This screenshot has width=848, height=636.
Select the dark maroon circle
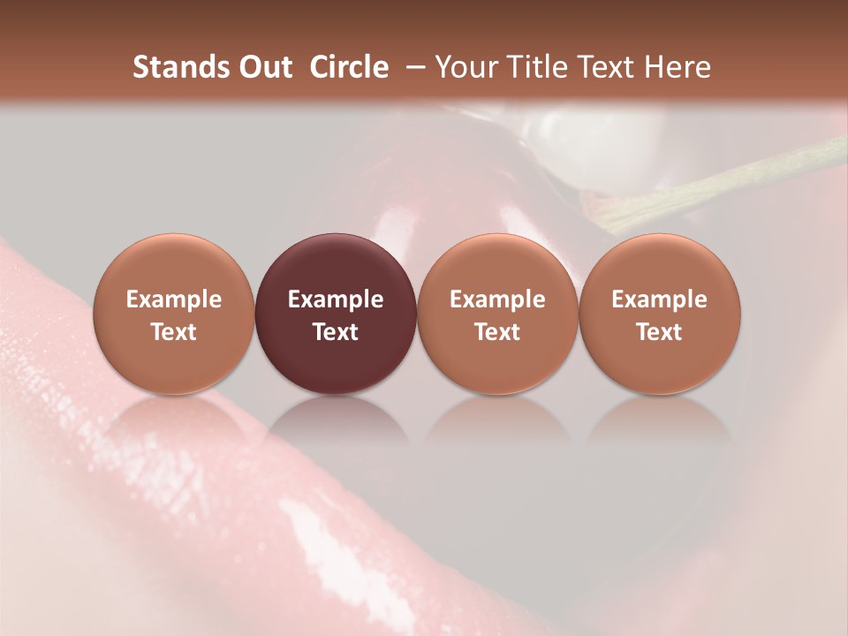[x=336, y=314]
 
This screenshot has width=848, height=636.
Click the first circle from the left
[x=173, y=314]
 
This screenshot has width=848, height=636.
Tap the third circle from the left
[x=497, y=314]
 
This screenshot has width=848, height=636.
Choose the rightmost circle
[x=659, y=314]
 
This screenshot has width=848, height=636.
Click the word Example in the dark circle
[x=336, y=299]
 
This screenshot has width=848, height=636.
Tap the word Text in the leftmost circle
[x=173, y=332]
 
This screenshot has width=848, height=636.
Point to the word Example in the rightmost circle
[x=659, y=299]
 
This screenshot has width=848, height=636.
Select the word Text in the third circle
[x=497, y=332]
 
